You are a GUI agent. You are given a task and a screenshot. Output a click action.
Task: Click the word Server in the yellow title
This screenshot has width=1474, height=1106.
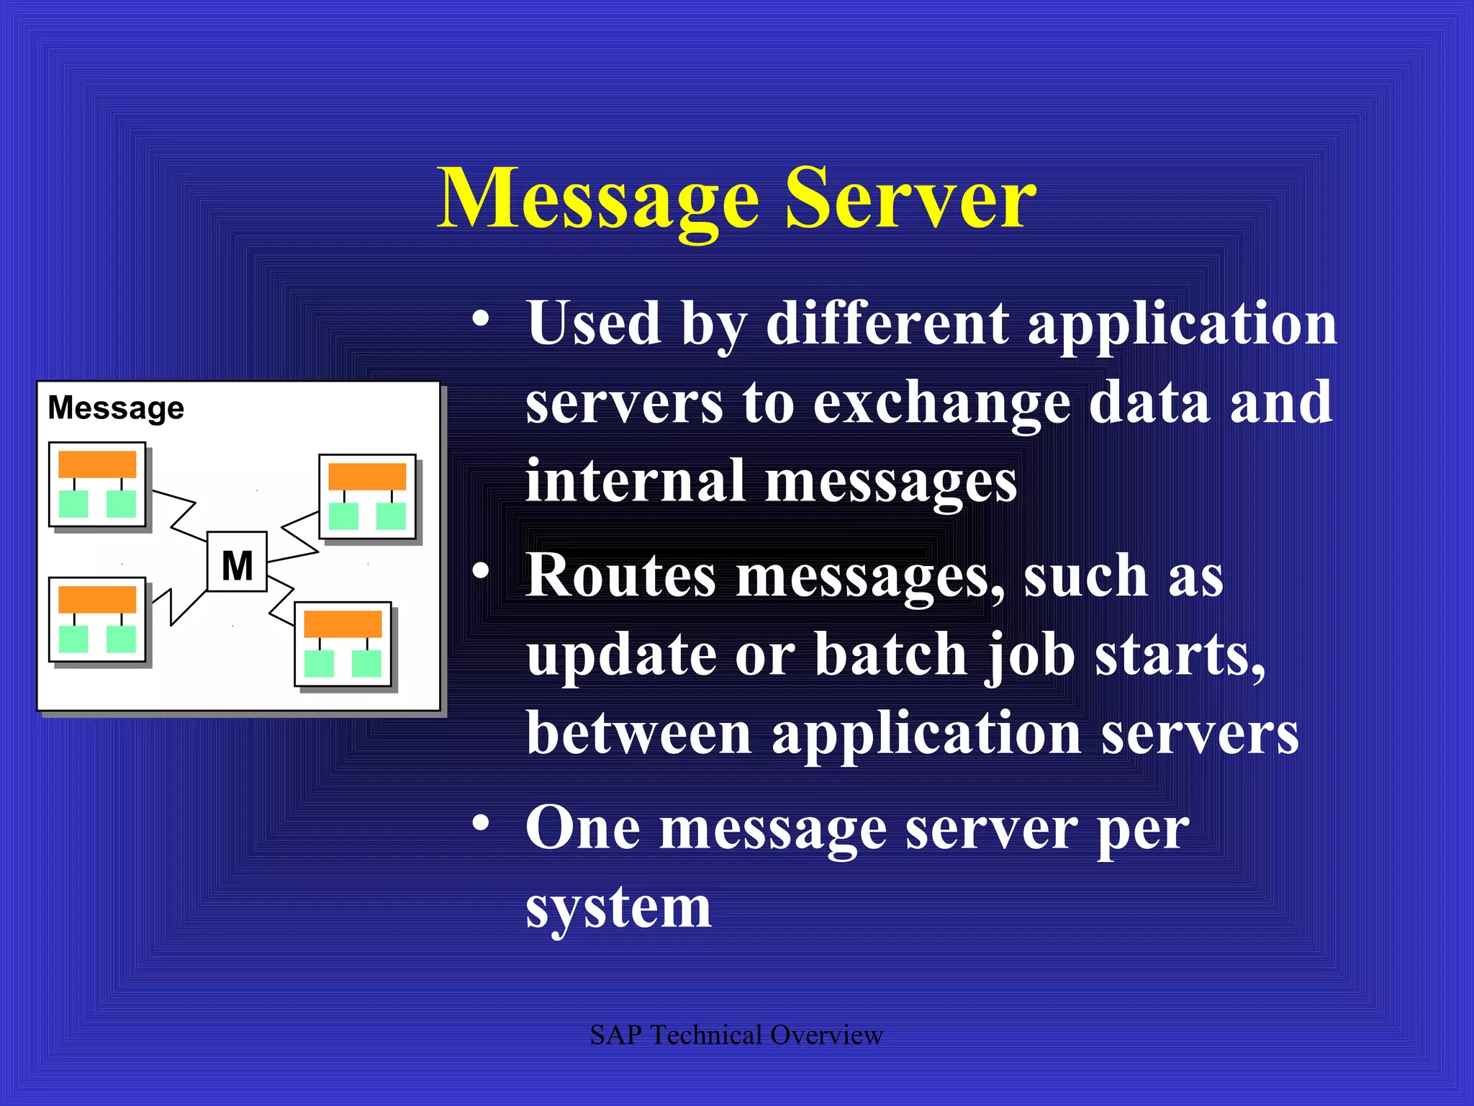[x=910, y=198]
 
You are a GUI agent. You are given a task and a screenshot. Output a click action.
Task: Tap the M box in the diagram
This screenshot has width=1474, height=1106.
[x=237, y=562]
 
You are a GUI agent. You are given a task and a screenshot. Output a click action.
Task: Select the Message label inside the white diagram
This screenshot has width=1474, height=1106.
[x=116, y=408]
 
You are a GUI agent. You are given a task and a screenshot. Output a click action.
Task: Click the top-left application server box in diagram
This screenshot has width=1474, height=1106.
[x=97, y=484]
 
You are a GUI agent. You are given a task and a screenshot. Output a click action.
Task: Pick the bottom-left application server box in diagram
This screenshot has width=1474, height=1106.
[x=97, y=619]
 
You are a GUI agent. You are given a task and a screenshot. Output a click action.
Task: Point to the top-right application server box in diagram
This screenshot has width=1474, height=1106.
[x=367, y=496]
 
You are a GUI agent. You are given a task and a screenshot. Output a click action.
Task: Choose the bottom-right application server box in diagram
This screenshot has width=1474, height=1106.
[x=343, y=644]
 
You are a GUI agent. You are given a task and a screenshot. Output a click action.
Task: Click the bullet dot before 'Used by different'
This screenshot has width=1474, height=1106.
[x=481, y=318]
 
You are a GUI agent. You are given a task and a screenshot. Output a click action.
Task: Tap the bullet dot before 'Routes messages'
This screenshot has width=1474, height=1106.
[x=481, y=570]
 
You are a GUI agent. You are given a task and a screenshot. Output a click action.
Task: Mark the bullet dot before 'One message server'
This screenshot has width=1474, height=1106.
[x=481, y=822]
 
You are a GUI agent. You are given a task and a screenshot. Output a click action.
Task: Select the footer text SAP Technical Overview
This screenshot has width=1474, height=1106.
[x=736, y=1035]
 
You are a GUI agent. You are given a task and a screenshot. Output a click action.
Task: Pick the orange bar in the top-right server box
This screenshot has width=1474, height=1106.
[x=367, y=476]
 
